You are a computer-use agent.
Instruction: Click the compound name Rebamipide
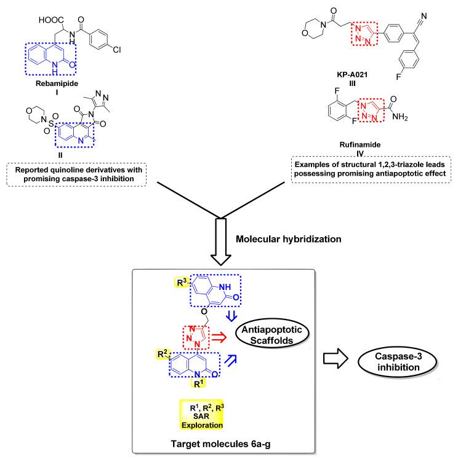point(57,84)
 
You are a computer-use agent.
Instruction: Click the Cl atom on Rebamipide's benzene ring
point(116,50)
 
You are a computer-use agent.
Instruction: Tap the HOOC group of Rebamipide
point(51,20)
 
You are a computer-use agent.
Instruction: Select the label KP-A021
point(352,74)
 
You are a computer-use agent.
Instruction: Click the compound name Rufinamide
point(360,144)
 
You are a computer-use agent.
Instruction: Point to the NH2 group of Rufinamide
point(400,117)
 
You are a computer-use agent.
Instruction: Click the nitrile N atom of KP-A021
point(424,15)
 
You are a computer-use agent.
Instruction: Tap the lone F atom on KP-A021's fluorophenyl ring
point(398,77)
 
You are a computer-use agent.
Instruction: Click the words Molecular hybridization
point(288,238)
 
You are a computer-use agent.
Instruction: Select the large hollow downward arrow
point(221,241)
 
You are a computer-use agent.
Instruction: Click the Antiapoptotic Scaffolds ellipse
point(272,334)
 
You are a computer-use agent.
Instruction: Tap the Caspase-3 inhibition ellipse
point(398,362)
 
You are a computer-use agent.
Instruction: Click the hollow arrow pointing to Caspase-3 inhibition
point(335,358)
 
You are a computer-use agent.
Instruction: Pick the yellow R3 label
point(182,282)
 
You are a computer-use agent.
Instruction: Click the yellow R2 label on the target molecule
point(163,354)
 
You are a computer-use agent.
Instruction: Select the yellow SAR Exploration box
point(201,415)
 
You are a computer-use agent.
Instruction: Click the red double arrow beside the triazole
point(219,337)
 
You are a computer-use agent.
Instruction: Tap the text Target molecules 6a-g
point(220,444)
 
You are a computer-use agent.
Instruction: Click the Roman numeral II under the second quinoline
point(60,155)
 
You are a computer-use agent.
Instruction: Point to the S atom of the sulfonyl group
point(51,123)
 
